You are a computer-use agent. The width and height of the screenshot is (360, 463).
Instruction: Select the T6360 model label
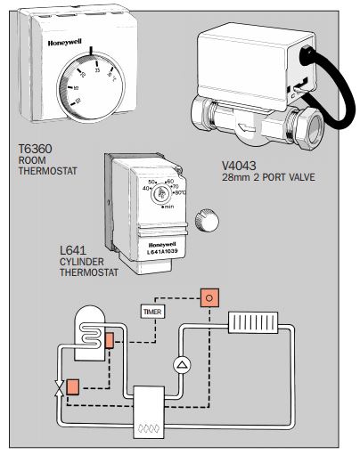(36, 149)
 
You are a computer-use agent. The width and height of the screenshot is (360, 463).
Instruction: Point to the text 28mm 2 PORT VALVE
(267, 178)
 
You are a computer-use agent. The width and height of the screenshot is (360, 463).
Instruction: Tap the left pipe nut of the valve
(204, 116)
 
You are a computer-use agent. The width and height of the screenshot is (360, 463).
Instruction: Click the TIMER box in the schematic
(152, 312)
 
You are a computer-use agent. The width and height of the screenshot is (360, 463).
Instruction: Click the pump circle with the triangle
(181, 363)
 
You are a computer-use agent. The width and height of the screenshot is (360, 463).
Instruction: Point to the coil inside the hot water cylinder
(90, 330)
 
